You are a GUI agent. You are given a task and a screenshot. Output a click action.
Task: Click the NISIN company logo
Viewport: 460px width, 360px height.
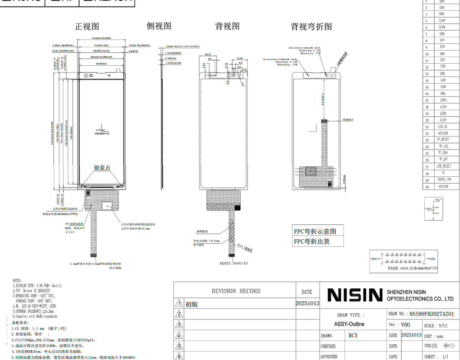[x=355, y=295]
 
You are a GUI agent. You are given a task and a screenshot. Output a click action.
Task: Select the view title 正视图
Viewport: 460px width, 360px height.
[x=87, y=26]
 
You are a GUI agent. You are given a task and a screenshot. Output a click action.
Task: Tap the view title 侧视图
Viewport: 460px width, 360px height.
[x=159, y=26]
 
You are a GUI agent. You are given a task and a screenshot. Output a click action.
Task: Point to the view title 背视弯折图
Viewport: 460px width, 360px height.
[x=311, y=27]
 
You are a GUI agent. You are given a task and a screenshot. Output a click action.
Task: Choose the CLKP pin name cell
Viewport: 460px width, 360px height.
[x=442, y=21]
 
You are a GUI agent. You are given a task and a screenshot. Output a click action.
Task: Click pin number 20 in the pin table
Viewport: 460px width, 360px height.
[x=427, y=120]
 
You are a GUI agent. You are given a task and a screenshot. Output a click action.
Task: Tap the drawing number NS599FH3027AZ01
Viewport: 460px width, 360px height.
[x=432, y=314]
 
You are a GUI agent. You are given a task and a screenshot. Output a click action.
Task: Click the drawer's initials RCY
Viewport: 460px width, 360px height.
[x=353, y=335]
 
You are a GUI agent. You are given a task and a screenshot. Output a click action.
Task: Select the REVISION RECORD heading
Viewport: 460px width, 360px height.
[x=236, y=291]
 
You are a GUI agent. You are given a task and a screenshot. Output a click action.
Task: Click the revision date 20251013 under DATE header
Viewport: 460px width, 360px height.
[x=307, y=304]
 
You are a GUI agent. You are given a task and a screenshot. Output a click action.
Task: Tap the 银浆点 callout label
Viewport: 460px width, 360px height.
[x=102, y=168]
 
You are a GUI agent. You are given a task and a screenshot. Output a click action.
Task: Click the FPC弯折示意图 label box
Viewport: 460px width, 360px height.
[x=315, y=232]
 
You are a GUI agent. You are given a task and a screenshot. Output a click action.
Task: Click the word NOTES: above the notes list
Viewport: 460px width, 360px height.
[x=17, y=281]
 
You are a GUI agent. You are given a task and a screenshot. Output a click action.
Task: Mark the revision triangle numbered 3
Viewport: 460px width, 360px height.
[x=179, y=325]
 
